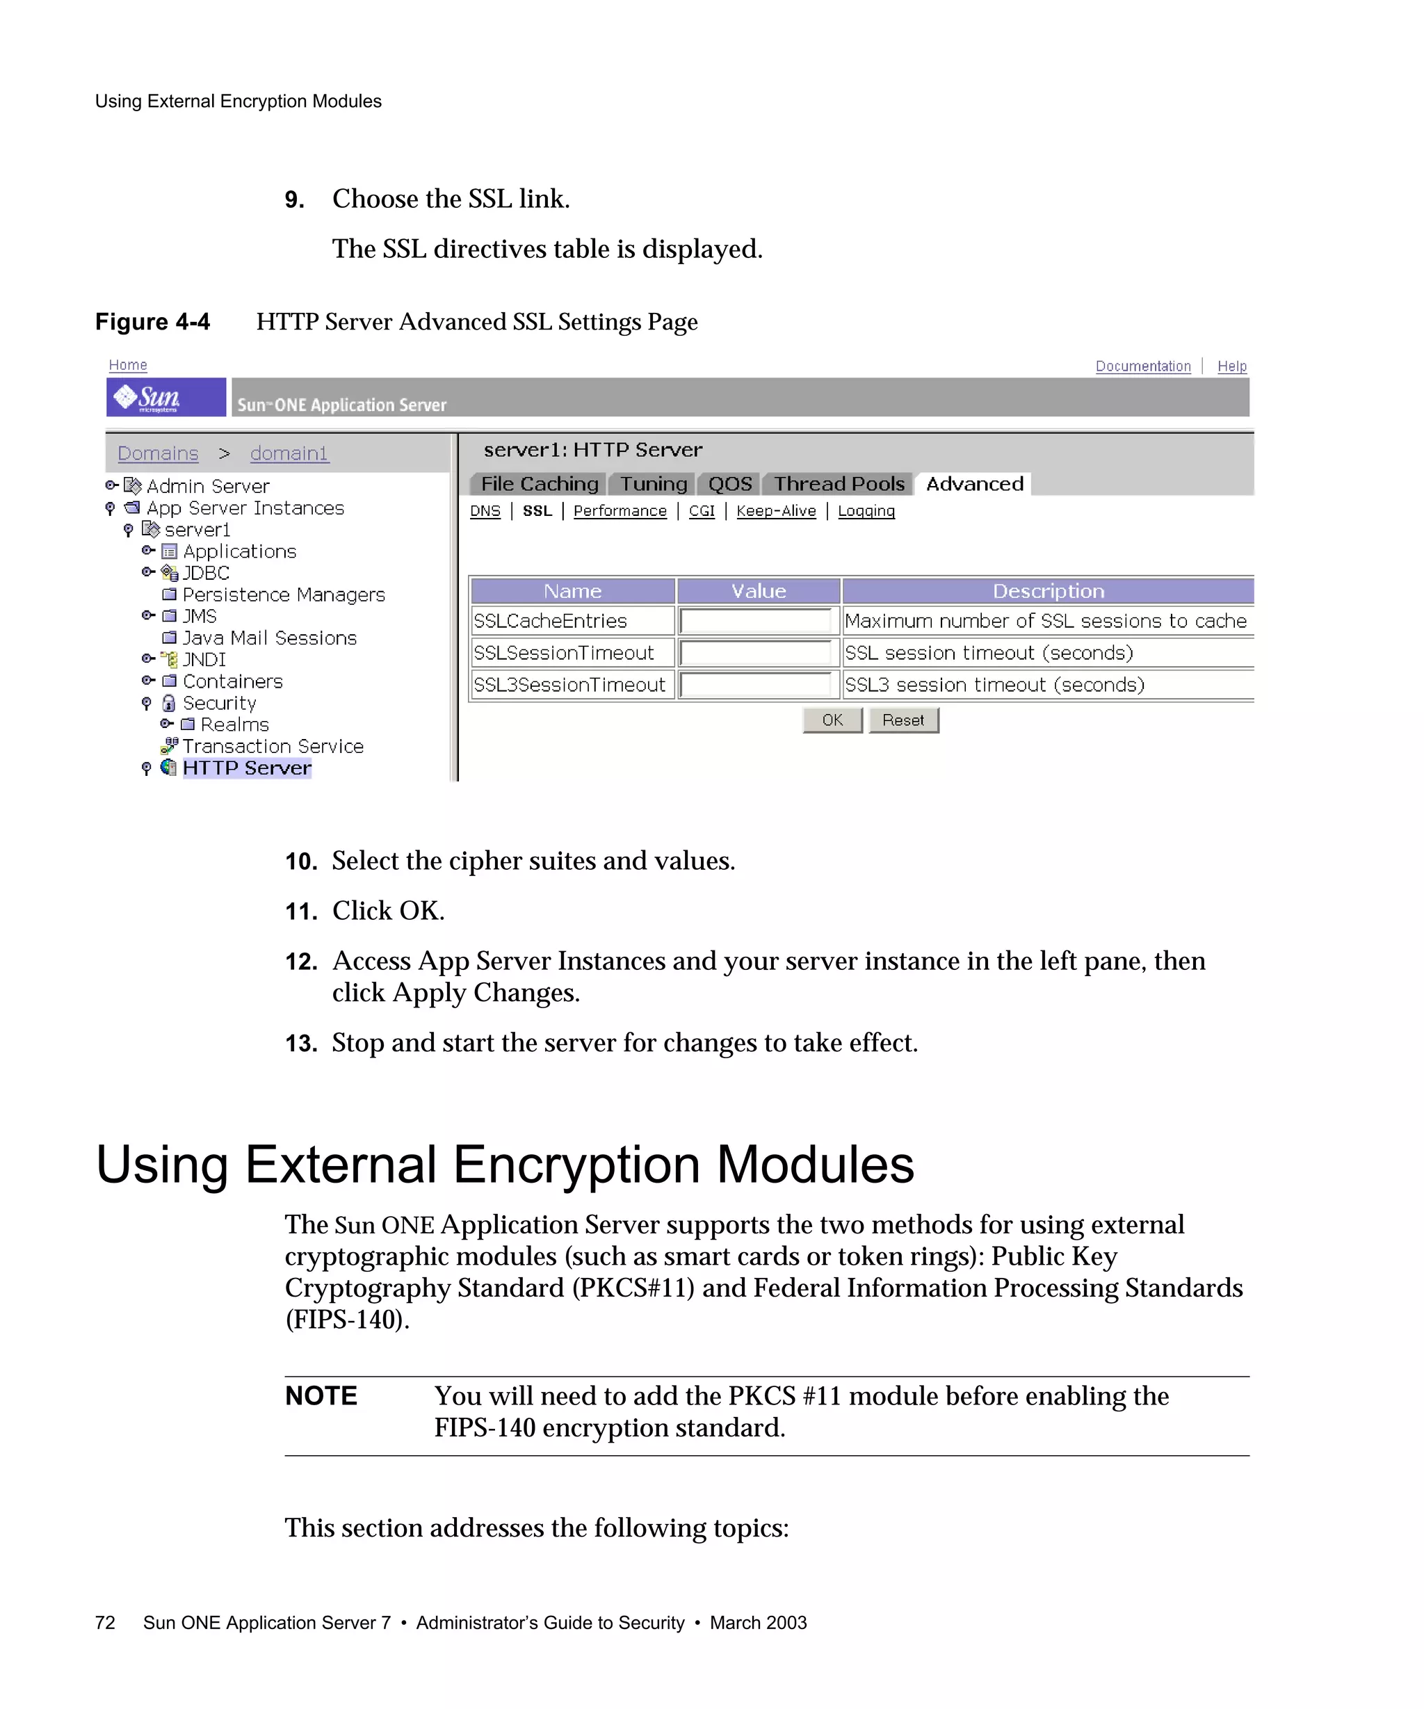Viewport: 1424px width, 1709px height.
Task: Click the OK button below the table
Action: pyautogui.click(x=832, y=720)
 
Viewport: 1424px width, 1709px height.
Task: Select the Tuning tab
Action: pyautogui.click(x=654, y=484)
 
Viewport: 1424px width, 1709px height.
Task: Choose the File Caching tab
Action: pyautogui.click(x=539, y=484)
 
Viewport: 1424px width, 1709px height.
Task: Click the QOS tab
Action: pyautogui.click(x=729, y=484)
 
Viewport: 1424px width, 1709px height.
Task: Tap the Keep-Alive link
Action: pyautogui.click(x=775, y=511)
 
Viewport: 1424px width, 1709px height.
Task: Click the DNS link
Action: pyautogui.click(x=485, y=511)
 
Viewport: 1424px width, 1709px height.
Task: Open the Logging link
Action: pyautogui.click(x=866, y=511)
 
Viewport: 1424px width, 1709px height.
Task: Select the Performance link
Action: pyautogui.click(x=620, y=511)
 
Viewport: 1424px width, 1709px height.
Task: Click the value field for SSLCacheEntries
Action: pyautogui.click(x=755, y=621)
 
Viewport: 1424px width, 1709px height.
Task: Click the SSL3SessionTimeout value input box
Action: pyautogui.click(x=755, y=686)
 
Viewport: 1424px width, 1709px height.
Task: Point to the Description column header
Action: pyautogui.click(x=1047, y=591)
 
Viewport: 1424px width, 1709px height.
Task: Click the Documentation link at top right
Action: pyautogui.click(x=1142, y=366)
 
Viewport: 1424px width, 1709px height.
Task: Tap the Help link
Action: pyautogui.click(x=1231, y=366)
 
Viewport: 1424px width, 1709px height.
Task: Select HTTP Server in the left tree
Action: pyautogui.click(x=247, y=768)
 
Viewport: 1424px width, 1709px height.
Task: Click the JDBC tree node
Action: pyautogui.click(x=206, y=573)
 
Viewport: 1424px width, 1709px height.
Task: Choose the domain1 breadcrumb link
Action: pyautogui.click(x=289, y=453)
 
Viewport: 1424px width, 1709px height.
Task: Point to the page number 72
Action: pyautogui.click(x=105, y=1623)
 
